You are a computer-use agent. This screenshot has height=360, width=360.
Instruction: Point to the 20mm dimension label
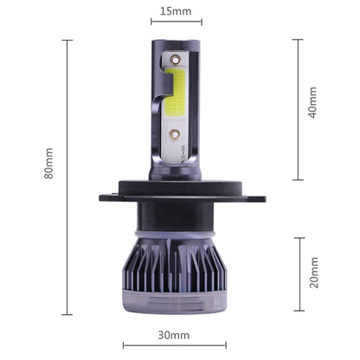(313, 273)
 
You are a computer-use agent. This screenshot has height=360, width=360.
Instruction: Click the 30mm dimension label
(174, 334)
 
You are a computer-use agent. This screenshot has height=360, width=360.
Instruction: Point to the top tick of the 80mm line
(67, 38)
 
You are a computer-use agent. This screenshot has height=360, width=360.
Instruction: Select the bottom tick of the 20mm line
(299, 310)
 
